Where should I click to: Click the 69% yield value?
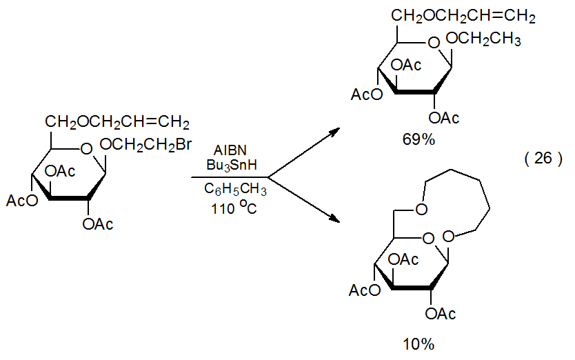coord(418,139)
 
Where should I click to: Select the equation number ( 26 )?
coord(543,158)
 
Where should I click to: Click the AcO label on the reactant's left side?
coord(23,201)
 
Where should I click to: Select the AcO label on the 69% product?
coord(366,94)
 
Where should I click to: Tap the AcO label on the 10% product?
coord(366,290)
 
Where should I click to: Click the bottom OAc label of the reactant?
coord(98,223)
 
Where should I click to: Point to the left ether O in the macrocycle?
coord(422,209)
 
